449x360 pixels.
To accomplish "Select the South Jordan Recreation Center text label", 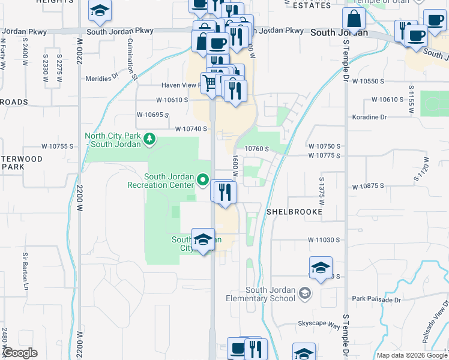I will click(x=161, y=181).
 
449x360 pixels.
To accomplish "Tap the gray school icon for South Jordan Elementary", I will click(x=306, y=293).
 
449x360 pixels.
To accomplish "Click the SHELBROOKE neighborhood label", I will click(x=294, y=212).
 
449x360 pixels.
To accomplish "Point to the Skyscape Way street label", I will click(x=319, y=323).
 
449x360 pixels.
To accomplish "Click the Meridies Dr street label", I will click(x=102, y=77).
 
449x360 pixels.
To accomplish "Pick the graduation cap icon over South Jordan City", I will click(x=203, y=239).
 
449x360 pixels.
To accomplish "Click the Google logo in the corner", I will click(x=20, y=353).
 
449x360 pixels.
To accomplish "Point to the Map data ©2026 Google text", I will click(x=411, y=355).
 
